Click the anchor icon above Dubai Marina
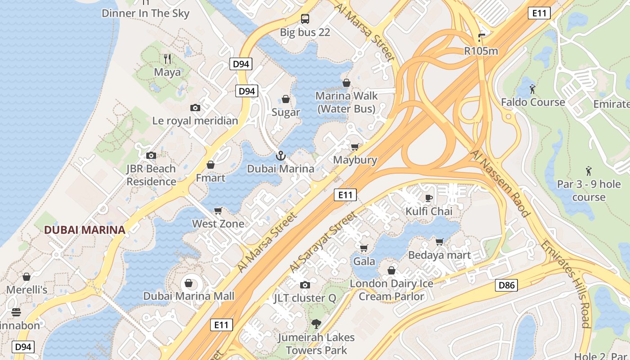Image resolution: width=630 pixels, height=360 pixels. (x=280, y=156)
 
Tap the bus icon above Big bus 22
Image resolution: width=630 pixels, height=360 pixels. (x=305, y=19)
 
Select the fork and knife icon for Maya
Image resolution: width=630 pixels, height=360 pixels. (x=167, y=59)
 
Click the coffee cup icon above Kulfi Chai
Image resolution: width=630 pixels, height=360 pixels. (x=428, y=198)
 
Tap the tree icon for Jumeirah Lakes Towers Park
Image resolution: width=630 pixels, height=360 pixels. (x=316, y=324)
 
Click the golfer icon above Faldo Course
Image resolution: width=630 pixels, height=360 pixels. (x=533, y=89)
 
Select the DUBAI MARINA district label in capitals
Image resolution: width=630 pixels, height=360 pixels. (x=85, y=230)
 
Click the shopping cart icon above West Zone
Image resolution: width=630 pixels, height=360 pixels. (x=218, y=211)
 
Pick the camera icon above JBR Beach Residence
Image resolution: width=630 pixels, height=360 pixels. (x=151, y=156)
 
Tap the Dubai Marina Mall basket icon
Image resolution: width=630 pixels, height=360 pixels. (x=189, y=283)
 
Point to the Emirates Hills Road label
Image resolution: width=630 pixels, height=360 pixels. (x=566, y=283)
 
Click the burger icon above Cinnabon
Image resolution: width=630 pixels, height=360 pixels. (x=16, y=312)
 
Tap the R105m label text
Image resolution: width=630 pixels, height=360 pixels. (x=481, y=51)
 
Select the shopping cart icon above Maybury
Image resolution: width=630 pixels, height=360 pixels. (x=355, y=147)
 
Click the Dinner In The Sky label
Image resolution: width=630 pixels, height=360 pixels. (x=145, y=13)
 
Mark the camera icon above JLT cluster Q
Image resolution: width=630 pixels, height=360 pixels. (x=305, y=285)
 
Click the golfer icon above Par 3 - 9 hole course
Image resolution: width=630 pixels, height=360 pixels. (x=589, y=171)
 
